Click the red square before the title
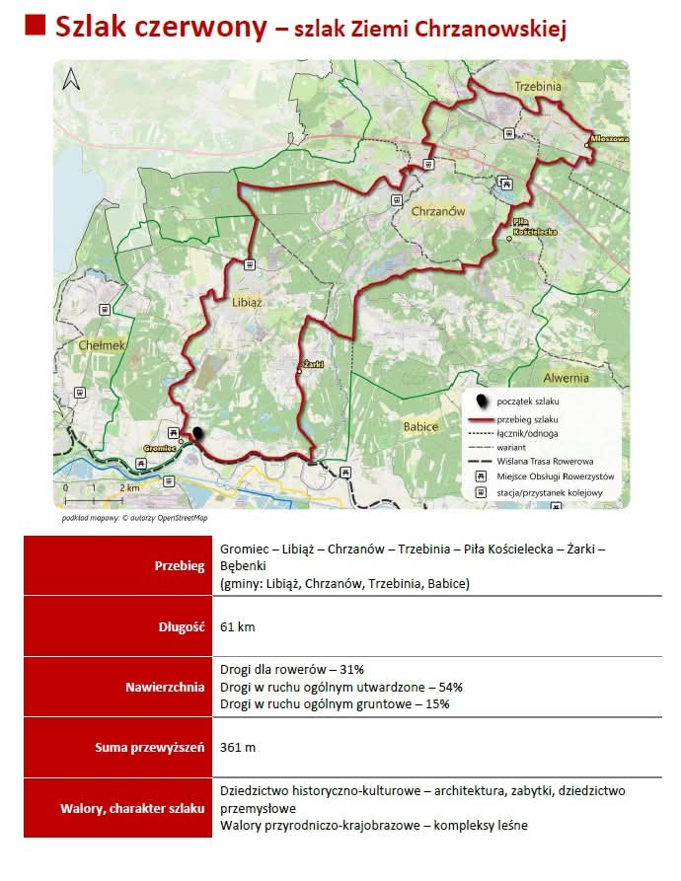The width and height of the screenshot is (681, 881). tap(35, 27)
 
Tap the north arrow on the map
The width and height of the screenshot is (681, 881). tap(70, 78)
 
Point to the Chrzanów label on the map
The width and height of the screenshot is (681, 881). tap(437, 211)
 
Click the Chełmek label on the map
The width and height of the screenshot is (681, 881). tap(102, 345)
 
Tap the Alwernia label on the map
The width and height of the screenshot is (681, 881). tap(566, 377)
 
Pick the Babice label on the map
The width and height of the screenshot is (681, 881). tap(420, 426)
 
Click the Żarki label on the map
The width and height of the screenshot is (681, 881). tap(315, 364)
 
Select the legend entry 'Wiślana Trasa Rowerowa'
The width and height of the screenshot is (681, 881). tap(545, 461)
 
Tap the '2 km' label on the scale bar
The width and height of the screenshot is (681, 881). tap(129, 488)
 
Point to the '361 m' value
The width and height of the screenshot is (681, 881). tap(239, 747)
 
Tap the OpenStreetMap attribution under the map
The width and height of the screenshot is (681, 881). tap(134, 517)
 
